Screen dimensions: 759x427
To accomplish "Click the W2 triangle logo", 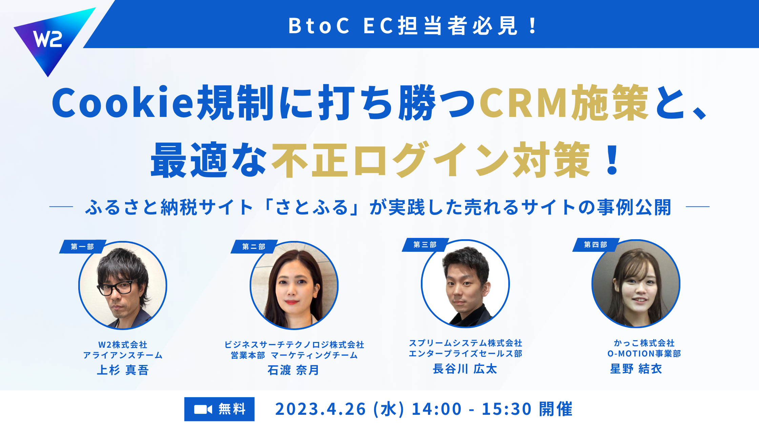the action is click(x=51, y=39).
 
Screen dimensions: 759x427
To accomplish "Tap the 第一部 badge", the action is click(x=83, y=246).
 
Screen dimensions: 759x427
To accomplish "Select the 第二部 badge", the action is click(x=254, y=246).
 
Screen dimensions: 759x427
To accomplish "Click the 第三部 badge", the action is click(x=425, y=245).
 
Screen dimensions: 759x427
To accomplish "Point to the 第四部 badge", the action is click(x=596, y=245).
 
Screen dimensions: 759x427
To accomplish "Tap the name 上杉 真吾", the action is click(x=123, y=370).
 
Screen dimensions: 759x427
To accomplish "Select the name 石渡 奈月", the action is click(x=293, y=370).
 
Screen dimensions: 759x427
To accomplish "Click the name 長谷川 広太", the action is click(x=465, y=368).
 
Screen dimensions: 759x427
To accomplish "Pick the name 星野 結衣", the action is click(x=636, y=368).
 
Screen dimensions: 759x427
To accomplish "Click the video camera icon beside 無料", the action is click(x=203, y=409).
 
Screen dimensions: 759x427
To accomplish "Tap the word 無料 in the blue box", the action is click(x=232, y=409).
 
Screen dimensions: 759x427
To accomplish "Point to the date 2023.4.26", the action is click(x=321, y=409).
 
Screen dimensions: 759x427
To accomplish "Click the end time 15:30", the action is click(x=507, y=409).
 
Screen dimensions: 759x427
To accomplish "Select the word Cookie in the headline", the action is click(x=123, y=103).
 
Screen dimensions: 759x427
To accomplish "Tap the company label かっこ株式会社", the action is click(x=644, y=343).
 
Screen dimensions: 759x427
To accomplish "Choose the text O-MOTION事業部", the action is click(x=644, y=353).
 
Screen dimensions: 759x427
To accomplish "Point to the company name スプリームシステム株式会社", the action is click(x=465, y=343).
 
